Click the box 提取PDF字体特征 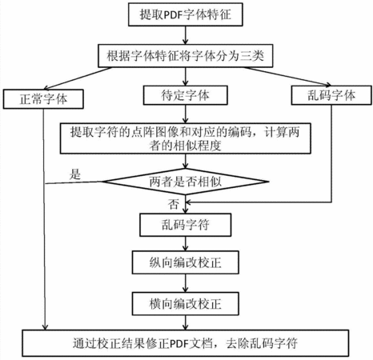[x=186, y=14]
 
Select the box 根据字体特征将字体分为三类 [x=186, y=56]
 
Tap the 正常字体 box [x=43, y=99]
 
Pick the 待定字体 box [x=186, y=95]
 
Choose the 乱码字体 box [x=331, y=95]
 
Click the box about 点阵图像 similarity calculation [x=186, y=138]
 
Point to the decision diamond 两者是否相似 [x=186, y=182]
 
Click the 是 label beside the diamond [x=75, y=174]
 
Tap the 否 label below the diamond [x=174, y=204]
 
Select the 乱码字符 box [x=186, y=225]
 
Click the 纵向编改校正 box [x=186, y=262]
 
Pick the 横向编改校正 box [x=186, y=303]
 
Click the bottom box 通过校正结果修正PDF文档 [x=186, y=343]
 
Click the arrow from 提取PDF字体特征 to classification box [x=186, y=35]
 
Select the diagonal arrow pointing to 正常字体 [x=78, y=78]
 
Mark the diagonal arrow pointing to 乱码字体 [x=287, y=77]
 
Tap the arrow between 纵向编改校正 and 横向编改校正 [x=186, y=283]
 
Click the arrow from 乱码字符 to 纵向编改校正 [x=186, y=243]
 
